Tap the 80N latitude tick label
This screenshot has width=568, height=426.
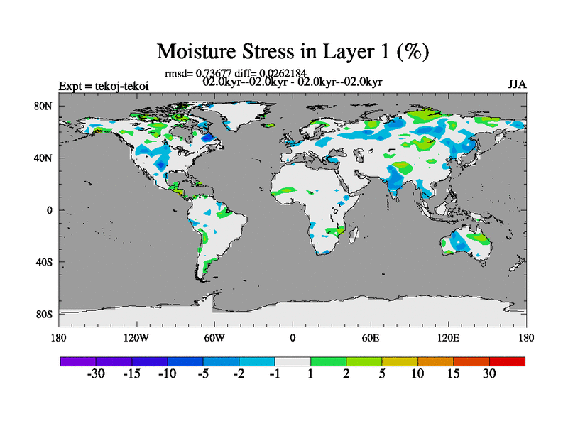tap(45, 106)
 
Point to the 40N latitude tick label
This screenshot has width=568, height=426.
tap(45, 158)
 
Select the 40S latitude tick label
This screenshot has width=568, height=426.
tap(45, 262)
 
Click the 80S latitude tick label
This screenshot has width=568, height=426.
tap(45, 314)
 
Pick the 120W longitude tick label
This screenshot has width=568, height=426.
tap(136, 337)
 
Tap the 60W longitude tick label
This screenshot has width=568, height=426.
tap(214, 337)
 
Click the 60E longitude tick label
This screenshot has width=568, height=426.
tap(371, 337)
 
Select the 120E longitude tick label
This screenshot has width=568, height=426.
tap(449, 337)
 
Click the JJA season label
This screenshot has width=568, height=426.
tap(517, 84)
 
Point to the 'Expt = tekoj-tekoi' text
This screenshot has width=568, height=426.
tap(99, 87)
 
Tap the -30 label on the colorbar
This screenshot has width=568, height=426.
tap(96, 374)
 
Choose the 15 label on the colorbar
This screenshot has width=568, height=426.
tap(454, 374)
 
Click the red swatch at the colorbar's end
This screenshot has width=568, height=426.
tap(507, 361)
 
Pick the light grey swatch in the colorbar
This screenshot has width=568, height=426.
tap(293, 361)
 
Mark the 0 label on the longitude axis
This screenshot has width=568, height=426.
tap(293, 337)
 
